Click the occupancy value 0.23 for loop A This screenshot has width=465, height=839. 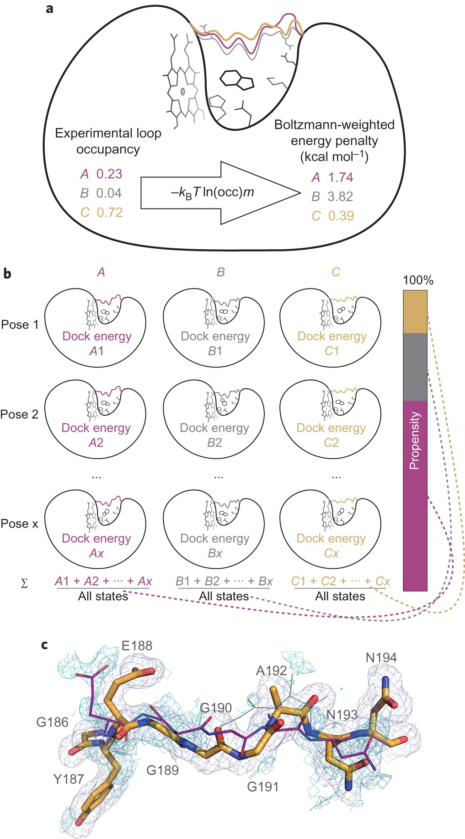pyautogui.click(x=109, y=174)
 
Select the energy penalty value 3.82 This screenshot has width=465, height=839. pyautogui.click(x=340, y=197)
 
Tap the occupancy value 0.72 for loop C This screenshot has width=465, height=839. pyautogui.click(x=109, y=213)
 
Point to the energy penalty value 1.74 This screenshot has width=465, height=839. pyautogui.click(x=341, y=177)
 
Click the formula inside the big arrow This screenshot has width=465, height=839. pyautogui.click(x=212, y=192)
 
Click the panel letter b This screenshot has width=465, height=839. pyautogui.click(x=7, y=274)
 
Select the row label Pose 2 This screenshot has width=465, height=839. pyautogui.click(x=19, y=414)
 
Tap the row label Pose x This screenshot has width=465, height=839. pyautogui.click(x=19, y=524)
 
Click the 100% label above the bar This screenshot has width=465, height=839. pyautogui.click(x=418, y=280)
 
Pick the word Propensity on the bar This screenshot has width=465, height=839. pyautogui.click(x=415, y=440)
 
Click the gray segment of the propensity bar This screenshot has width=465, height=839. pyautogui.click(x=415, y=367)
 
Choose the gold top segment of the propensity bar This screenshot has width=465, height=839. pyautogui.click(x=415, y=312)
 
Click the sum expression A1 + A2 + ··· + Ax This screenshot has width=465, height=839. pyautogui.click(x=103, y=581)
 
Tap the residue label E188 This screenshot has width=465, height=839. pyautogui.click(x=137, y=646)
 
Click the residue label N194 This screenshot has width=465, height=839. pyautogui.click(x=381, y=657)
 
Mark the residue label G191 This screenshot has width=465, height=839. pyautogui.click(x=263, y=786)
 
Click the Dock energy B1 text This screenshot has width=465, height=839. pyautogui.click(x=215, y=344)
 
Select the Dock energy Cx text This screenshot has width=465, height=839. pyautogui.click(x=331, y=546)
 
